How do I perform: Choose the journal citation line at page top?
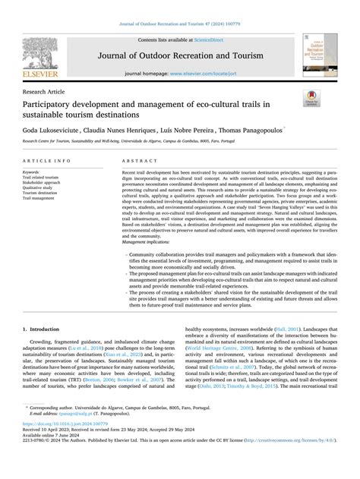coord(180,25)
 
